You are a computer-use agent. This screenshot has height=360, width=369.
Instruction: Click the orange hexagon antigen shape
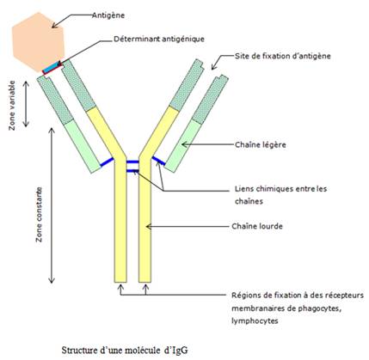[37, 41]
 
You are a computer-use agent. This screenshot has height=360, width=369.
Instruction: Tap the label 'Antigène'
[108, 15]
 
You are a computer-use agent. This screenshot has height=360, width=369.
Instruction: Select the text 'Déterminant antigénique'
[159, 39]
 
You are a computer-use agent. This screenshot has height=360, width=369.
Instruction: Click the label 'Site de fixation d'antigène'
[283, 56]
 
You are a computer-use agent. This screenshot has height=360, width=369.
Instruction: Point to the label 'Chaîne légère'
[261, 144]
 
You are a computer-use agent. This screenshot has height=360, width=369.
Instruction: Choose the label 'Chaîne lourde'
[257, 226]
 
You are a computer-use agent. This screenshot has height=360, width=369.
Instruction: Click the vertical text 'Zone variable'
[12, 105]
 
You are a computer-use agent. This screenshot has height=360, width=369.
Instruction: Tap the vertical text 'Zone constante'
[39, 215]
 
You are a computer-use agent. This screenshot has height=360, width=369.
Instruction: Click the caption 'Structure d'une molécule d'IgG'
[125, 350]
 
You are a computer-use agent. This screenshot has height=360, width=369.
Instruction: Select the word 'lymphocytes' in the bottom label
[255, 320]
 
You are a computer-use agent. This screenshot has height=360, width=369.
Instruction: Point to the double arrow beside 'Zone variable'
[26, 104]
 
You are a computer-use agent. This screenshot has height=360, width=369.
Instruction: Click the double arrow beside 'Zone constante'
[52, 205]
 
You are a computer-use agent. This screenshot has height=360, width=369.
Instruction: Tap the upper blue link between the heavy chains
[132, 162]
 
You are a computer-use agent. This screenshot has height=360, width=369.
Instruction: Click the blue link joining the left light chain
[107, 162]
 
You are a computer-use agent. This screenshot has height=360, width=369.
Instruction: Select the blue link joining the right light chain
[158, 161]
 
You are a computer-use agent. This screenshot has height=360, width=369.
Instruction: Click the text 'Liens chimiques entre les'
[280, 189]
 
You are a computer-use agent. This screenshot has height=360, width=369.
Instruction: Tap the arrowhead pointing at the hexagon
[54, 25]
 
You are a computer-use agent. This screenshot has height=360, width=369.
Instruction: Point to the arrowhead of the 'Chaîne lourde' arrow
[149, 226]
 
